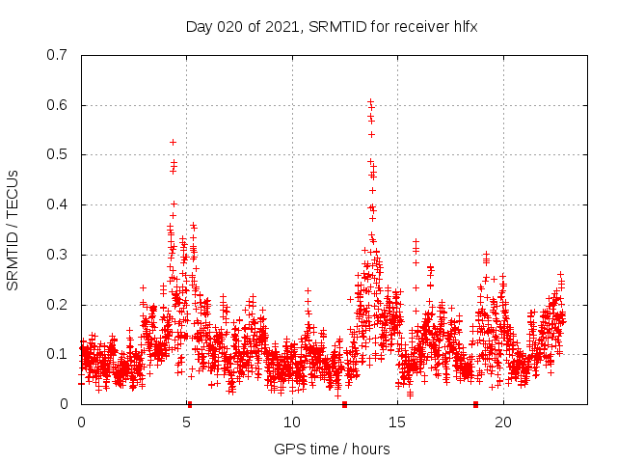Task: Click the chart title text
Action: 332,26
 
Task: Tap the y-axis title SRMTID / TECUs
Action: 13,230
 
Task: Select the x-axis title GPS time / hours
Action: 332,449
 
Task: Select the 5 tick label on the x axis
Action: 187,422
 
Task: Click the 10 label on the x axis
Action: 292,422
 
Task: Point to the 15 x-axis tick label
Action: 397,422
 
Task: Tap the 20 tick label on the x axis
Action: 503,422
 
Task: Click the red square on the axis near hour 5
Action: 190,404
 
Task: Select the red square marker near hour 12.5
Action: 344,404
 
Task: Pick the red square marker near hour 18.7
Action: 475,404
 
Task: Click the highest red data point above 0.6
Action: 370,100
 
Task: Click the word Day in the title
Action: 199,26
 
